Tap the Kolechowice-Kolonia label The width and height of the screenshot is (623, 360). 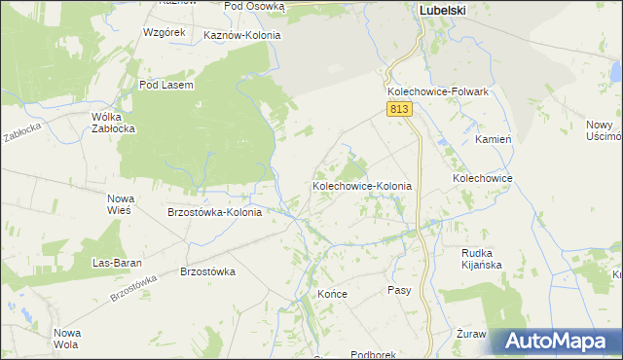coord(362,185)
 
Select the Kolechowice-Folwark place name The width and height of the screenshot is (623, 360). coord(437,91)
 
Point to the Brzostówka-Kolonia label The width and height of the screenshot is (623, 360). coord(214,212)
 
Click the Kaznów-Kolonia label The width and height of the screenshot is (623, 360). coord(242,35)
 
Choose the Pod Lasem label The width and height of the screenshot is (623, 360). coord(166,85)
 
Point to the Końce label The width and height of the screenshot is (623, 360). coord(332,292)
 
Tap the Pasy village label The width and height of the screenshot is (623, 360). coord(399,290)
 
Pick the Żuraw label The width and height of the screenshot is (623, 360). coord(471,333)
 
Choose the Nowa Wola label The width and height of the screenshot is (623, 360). coord(66,339)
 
